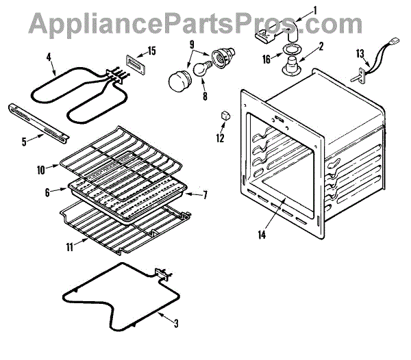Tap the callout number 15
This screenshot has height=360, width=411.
(152, 51)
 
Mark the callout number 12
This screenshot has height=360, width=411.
(220, 138)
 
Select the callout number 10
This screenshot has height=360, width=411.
(40, 166)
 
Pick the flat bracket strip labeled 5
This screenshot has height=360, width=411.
(38, 120)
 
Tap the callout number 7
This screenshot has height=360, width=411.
(204, 195)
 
